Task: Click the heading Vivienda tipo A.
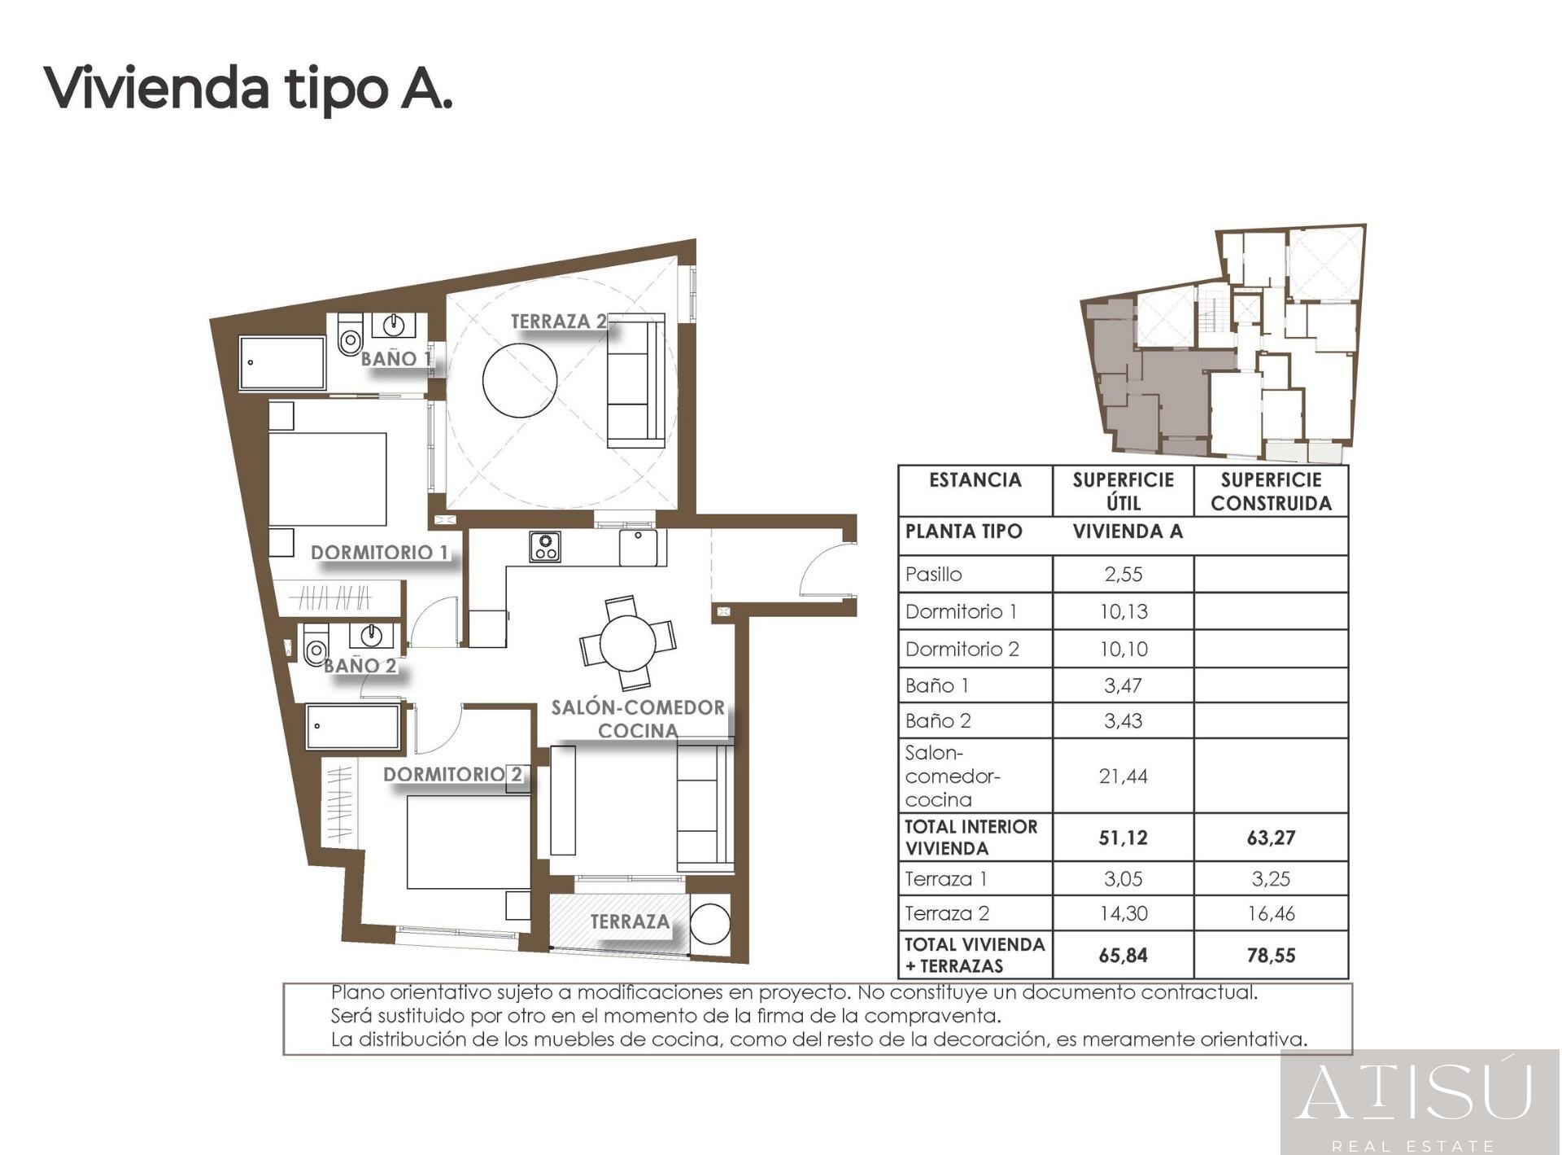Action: [248, 88]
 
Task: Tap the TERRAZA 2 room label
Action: [558, 322]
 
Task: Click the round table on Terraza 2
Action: [520, 379]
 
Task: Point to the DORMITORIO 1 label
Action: [379, 553]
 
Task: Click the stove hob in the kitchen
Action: [544, 546]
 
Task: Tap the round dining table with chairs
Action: [627, 642]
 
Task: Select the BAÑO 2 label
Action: [360, 666]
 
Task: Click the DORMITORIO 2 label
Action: [453, 774]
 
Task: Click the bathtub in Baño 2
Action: [353, 727]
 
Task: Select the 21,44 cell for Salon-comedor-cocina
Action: [1123, 776]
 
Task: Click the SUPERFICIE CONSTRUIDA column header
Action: [1271, 491]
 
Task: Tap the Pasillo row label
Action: [934, 575]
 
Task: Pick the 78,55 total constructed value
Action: [1271, 956]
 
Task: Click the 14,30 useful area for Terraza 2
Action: [1123, 913]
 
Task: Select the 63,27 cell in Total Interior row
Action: [1271, 838]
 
